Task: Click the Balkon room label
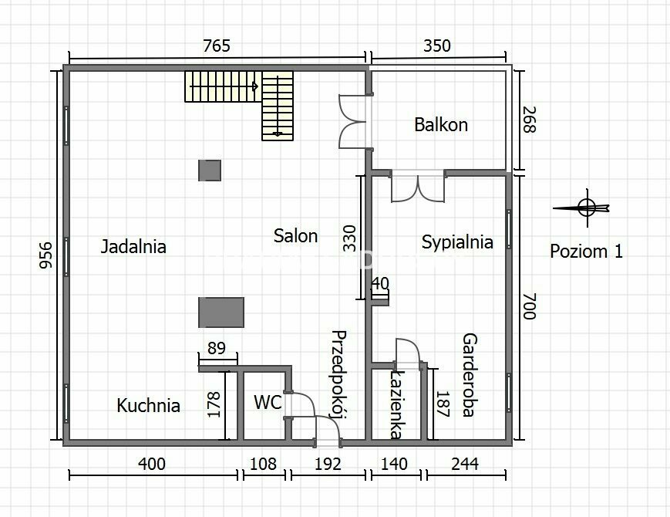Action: [441, 125]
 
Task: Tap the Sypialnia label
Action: [457, 242]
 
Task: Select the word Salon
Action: [296, 235]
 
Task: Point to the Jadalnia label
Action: [133, 246]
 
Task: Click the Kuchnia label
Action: [148, 405]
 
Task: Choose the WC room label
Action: [268, 402]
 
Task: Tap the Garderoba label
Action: [470, 374]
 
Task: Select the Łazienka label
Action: [397, 404]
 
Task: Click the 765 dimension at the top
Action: [217, 46]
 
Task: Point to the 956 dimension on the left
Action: [45, 255]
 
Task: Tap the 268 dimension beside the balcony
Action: [529, 120]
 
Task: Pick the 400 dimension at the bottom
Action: [152, 464]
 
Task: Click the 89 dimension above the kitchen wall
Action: [217, 349]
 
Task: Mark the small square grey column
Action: [210, 171]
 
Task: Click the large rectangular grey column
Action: [221, 313]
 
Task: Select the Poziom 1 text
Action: [586, 252]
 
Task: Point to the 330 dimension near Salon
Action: [349, 238]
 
